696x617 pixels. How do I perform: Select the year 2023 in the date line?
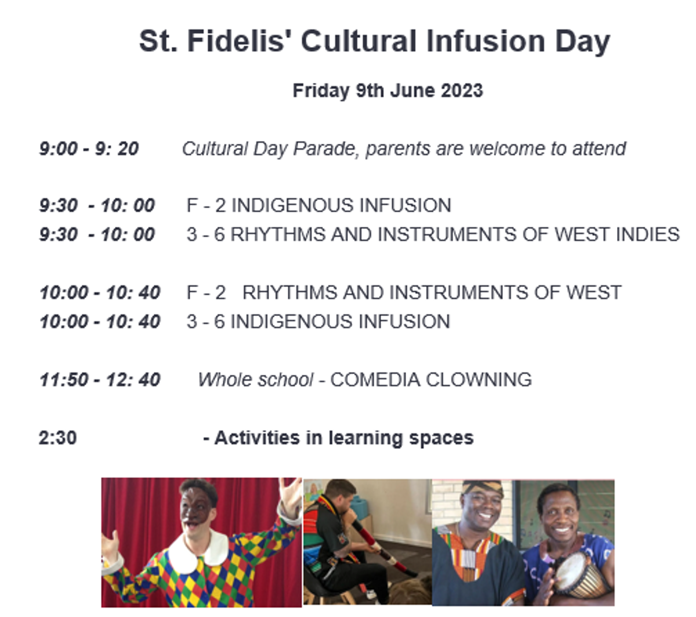point(462,90)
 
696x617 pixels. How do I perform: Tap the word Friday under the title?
point(321,91)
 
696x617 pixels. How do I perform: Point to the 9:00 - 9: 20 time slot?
point(89,148)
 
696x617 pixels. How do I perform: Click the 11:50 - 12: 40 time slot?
point(100,380)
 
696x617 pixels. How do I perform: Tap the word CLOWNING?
point(478,380)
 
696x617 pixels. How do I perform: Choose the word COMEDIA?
point(375,380)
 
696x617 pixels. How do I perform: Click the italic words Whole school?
point(256,380)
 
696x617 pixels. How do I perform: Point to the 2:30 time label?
point(58,438)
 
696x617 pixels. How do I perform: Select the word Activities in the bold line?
point(257,438)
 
